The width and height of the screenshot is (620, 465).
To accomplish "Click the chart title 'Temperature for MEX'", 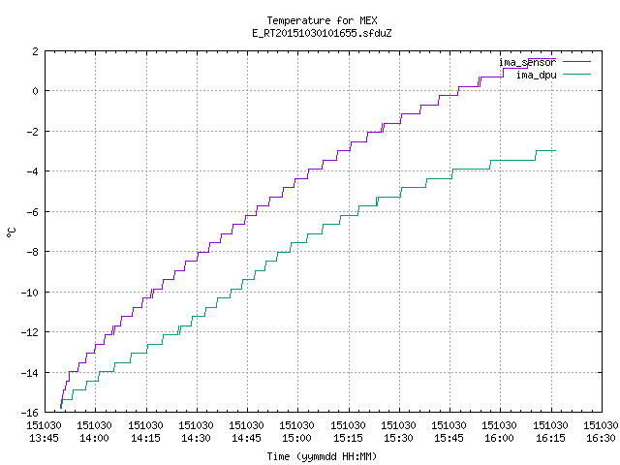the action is pyautogui.click(x=322, y=20).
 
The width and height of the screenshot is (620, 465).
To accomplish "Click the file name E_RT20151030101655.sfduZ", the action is pyautogui.click(x=322, y=33).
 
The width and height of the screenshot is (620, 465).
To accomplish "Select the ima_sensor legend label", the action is pyautogui.click(x=527, y=62).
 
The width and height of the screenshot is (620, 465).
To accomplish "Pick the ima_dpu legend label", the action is pyautogui.click(x=537, y=75).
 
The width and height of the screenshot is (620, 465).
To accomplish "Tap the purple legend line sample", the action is pyautogui.click(x=577, y=62).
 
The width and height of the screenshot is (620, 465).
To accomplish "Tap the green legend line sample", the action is pyautogui.click(x=577, y=74).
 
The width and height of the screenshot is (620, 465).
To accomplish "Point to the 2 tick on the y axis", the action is pyautogui.click(x=36, y=51).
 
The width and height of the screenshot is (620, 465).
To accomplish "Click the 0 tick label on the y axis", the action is pyautogui.click(x=36, y=91).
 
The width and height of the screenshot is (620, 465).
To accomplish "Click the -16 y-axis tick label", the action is pyautogui.click(x=30, y=413).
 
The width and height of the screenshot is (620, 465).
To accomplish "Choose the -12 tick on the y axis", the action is pyautogui.click(x=30, y=332).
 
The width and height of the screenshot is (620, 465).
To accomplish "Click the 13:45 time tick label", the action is pyautogui.click(x=44, y=432).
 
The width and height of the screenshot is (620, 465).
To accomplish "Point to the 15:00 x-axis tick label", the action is pyautogui.click(x=297, y=432).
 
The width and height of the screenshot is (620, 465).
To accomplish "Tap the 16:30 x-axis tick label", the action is pyautogui.click(x=601, y=432).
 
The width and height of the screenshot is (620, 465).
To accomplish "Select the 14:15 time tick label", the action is pyautogui.click(x=145, y=432).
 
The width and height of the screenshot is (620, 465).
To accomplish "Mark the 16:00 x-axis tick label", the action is pyautogui.click(x=500, y=432).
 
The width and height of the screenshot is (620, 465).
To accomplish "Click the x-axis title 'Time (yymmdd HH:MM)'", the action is pyautogui.click(x=322, y=456).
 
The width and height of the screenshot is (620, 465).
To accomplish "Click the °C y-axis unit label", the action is pyautogui.click(x=11, y=232).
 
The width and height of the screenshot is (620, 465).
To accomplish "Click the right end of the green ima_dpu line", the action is pyautogui.click(x=555, y=151).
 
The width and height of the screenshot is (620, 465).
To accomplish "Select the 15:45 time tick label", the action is pyautogui.click(x=449, y=432).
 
